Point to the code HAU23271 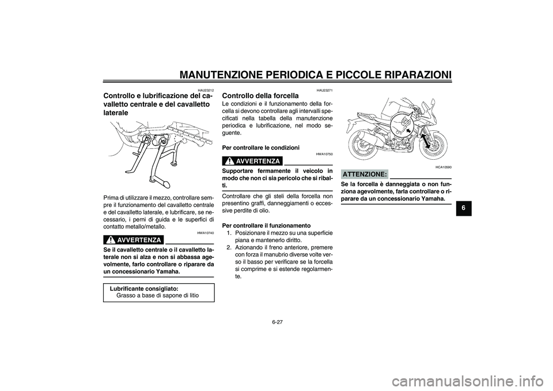pos(324,90)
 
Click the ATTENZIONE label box pos(364,174)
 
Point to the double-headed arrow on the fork pos(427,141)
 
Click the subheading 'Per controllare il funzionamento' pos(266,225)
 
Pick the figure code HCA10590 pos(443,167)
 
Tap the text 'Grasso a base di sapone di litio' pos(157,295)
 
